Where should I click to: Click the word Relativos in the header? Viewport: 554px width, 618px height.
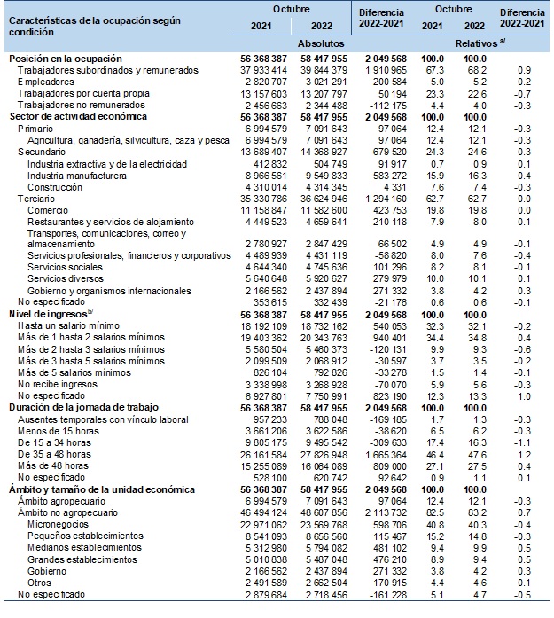coord(475,41)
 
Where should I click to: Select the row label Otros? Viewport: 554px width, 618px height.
coord(41,583)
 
